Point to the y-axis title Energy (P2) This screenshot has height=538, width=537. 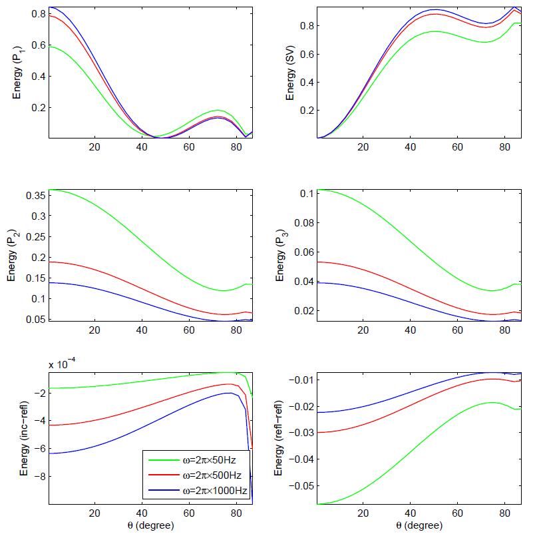coord(12,256)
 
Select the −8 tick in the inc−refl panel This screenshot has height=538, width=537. coord(39,477)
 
